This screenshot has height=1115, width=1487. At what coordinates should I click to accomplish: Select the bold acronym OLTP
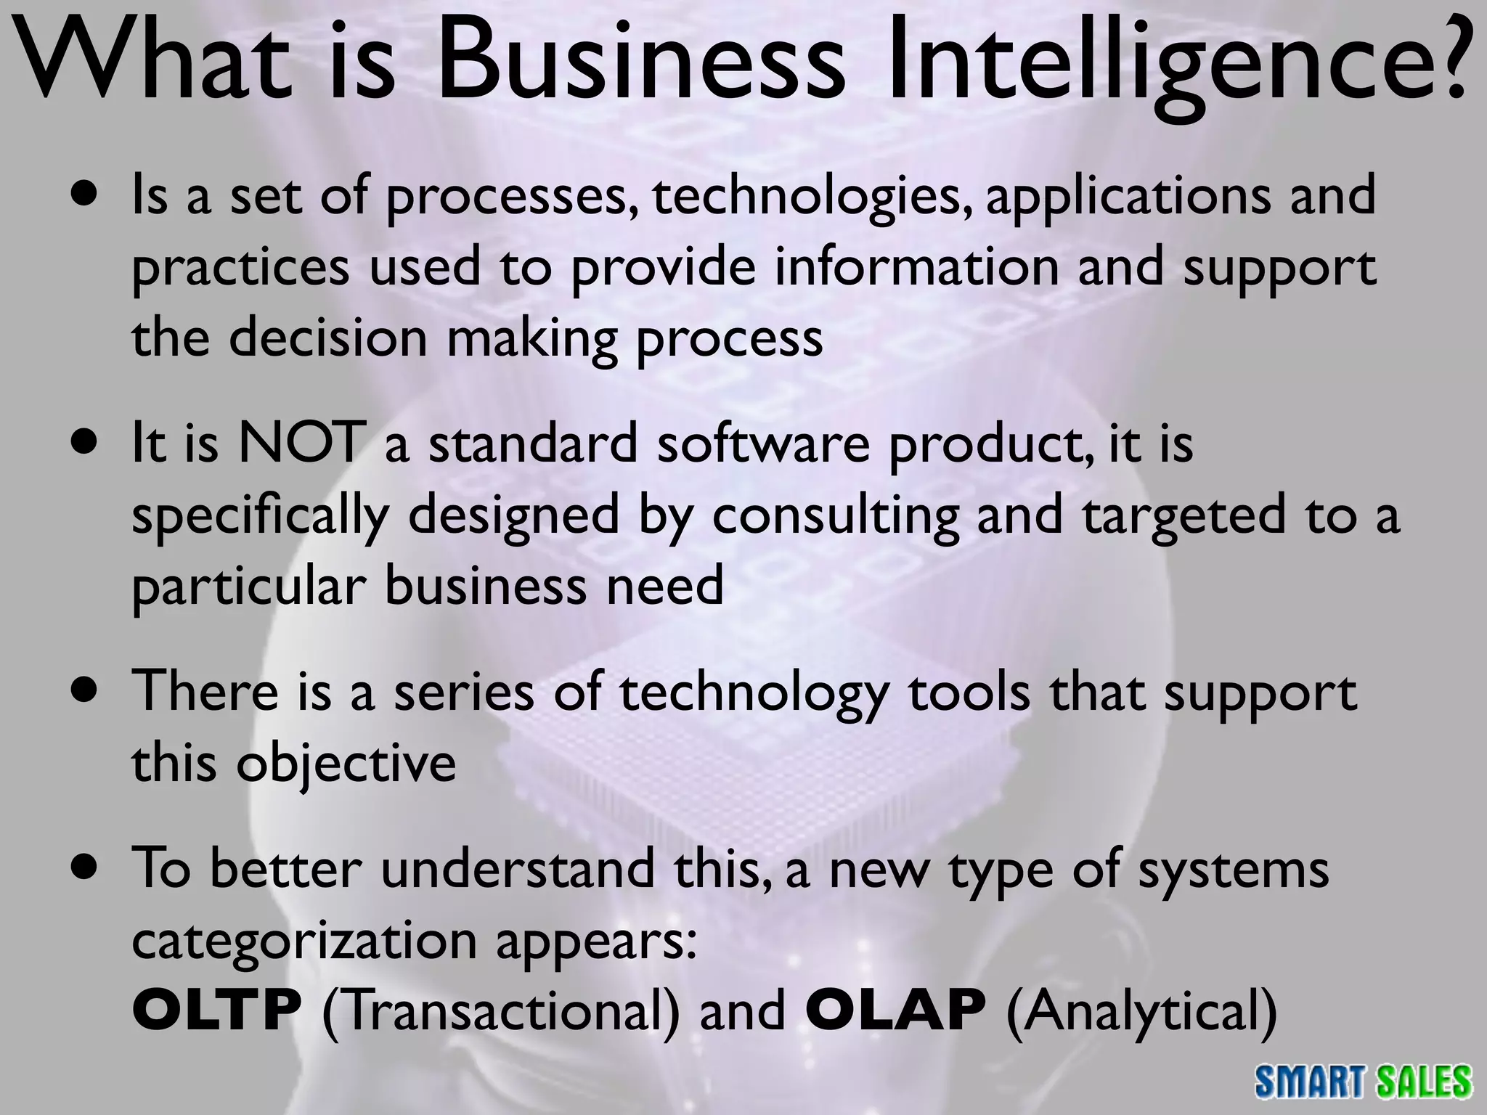click(217, 1011)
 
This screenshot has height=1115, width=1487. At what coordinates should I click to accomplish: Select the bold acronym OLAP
click(895, 1011)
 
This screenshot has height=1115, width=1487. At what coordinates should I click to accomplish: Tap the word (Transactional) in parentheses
click(501, 1013)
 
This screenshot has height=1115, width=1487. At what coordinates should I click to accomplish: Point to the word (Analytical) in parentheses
click(1141, 1013)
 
